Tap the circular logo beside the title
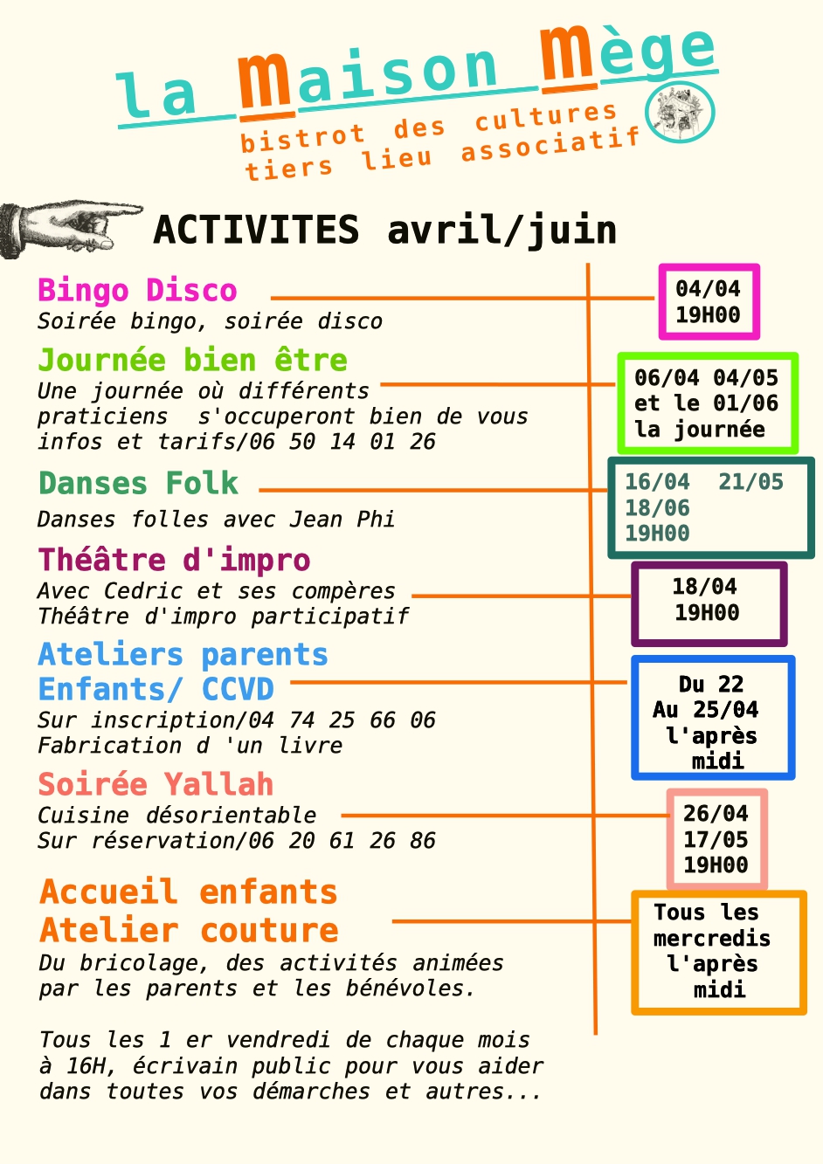click(x=680, y=113)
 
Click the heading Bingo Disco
click(x=137, y=291)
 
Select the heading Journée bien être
click(x=192, y=361)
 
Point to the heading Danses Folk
click(x=138, y=483)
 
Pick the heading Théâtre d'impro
click(x=174, y=561)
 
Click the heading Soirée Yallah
click(x=156, y=784)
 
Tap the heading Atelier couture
click(x=190, y=930)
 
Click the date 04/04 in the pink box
click(x=708, y=289)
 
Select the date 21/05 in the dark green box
click(x=750, y=482)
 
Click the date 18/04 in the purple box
click(x=704, y=587)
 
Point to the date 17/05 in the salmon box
click(x=716, y=839)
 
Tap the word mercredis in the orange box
click(x=712, y=939)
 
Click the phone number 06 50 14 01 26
click(x=342, y=442)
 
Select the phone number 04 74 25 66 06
click(x=342, y=720)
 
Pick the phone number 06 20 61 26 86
click(x=342, y=841)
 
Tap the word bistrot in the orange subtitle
click(x=302, y=138)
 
